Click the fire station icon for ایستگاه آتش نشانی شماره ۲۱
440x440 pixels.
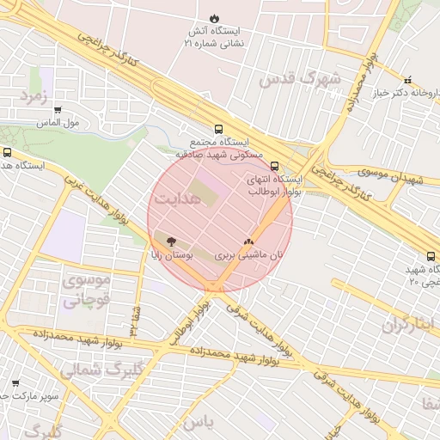coord(214,19)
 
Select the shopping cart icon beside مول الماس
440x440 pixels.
coord(58,110)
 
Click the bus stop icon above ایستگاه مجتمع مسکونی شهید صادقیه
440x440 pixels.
coord(218,129)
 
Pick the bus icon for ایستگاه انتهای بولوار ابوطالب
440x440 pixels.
coord(274,167)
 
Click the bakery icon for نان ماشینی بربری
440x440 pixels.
coord(249,243)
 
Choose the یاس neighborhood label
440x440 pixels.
coord(197,422)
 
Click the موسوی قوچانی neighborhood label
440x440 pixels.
coord(87,290)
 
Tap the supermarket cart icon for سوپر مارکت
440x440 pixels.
coord(15,382)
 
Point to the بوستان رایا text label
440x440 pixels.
coord(196,256)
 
